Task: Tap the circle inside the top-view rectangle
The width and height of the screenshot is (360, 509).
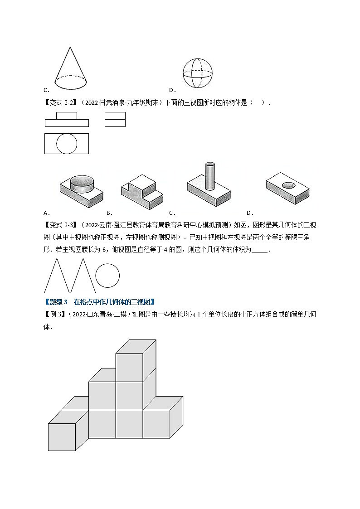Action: (x=66, y=144)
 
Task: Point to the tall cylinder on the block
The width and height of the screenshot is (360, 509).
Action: (x=209, y=176)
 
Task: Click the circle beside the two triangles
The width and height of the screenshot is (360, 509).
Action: (x=107, y=276)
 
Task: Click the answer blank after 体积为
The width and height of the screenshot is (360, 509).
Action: (x=259, y=250)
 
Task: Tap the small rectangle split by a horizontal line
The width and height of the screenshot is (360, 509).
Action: (x=115, y=119)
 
